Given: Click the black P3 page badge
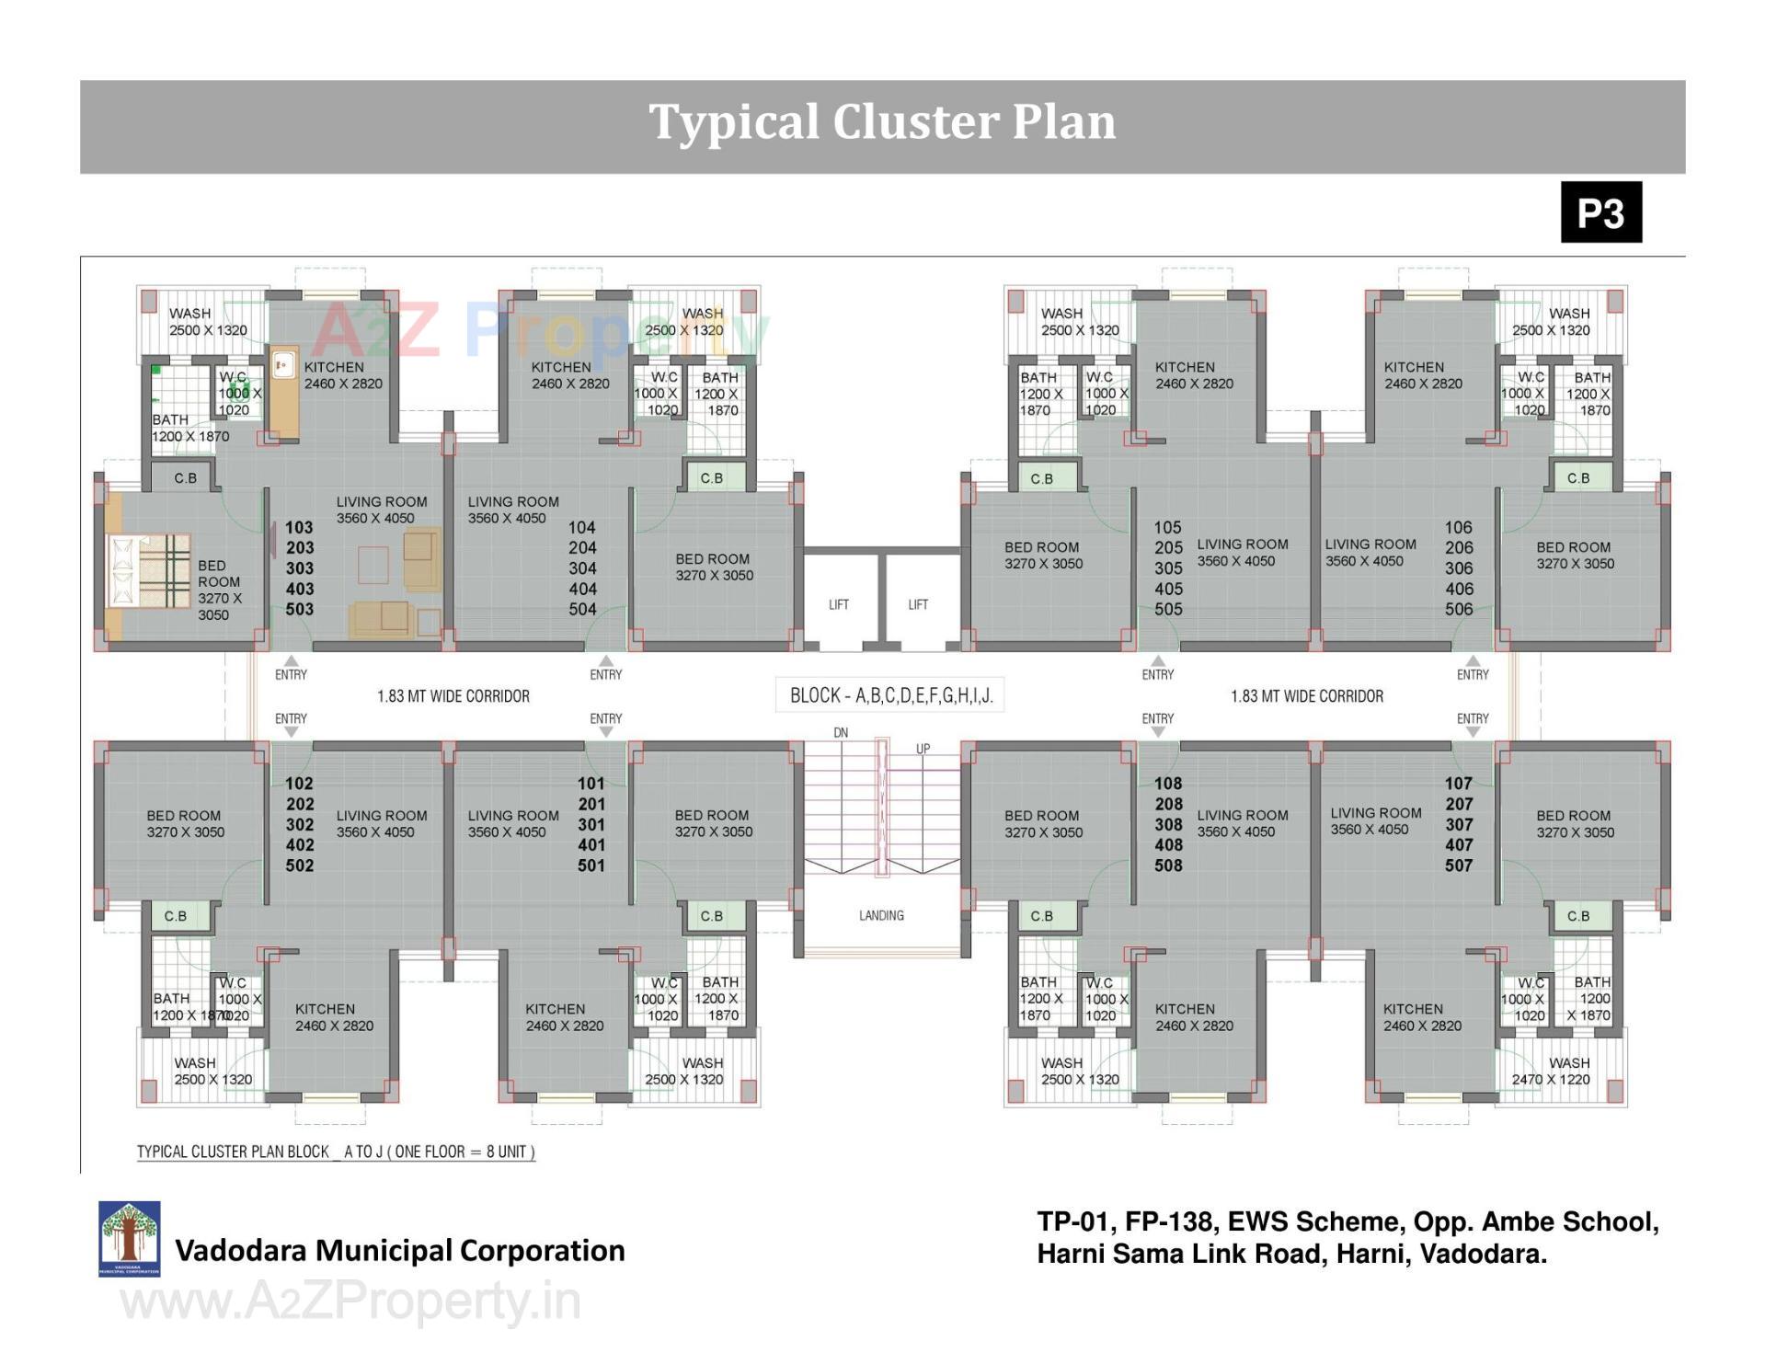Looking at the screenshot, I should tap(1600, 212).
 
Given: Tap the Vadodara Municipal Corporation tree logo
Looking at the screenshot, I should tap(130, 1238).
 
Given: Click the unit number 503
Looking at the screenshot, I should tap(299, 609).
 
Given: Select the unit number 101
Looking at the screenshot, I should tap(591, 784).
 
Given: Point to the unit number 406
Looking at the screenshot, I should tap(1459, 589).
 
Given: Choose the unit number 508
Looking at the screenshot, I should tap(1168, 865).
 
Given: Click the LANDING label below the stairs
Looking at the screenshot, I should tap(881, 915).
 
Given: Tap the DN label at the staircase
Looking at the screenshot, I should tap(841, 733).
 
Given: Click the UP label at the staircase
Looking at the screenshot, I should tap(923, 749).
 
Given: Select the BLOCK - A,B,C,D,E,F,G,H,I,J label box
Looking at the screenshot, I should tap(890, 695).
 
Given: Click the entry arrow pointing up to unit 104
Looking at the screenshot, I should tap(606, 661).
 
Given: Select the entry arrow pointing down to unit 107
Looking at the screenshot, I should tap(1473, 732).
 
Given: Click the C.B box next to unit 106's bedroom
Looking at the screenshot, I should tap(1578, 478).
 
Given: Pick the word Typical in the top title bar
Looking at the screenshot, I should tap(733, 122).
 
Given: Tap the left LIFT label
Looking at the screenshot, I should tap(839, 604).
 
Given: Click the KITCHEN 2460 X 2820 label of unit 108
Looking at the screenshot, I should tap(1193, 1017).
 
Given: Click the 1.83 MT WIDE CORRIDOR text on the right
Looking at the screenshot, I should tap(1306, 696).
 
